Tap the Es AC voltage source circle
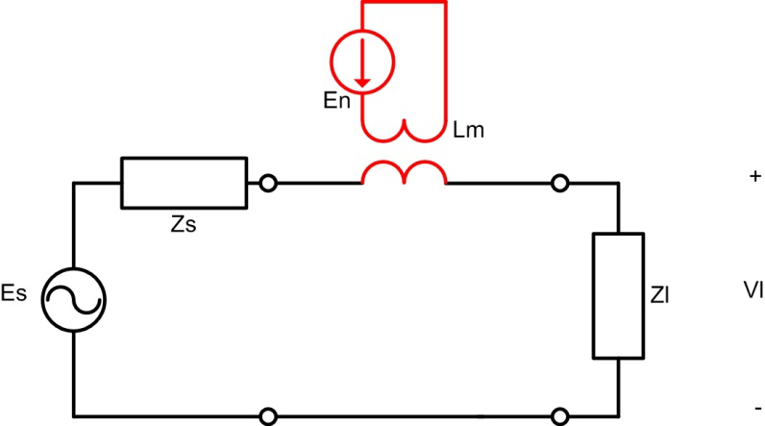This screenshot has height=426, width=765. click(x=74, y=268)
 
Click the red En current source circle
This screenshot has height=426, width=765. click(x=362, y=31)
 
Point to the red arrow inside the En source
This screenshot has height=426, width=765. click(x=362, y=63)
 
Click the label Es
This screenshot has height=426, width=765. click(x=13, y=293)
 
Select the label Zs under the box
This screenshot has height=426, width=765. click(x=184, y=224)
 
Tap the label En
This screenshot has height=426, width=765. click(x=336, y=101)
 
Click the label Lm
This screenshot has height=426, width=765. click(x=468, y=130)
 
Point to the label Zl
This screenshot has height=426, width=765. click(x=659, y=295)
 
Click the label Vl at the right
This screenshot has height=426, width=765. click(x=753, y=290)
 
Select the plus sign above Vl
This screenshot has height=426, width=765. click(x=755, y=176)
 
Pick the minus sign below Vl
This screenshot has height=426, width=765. click(x=758, y=408)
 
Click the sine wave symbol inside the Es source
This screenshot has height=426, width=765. click(x=74, y=299)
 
